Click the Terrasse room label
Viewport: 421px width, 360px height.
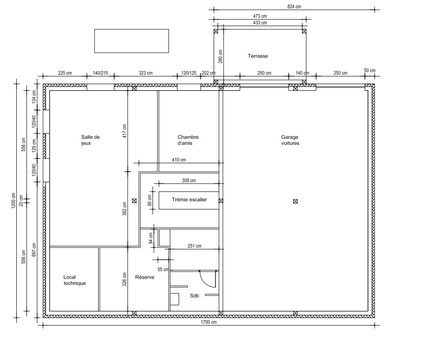(258, 56)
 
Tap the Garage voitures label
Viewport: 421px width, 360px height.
(290, 140)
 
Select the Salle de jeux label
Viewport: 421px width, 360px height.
(91, 140)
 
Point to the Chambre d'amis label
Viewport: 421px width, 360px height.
(188, 140)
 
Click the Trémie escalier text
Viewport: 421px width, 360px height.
(189, 200)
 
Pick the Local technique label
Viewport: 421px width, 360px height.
(75, 280)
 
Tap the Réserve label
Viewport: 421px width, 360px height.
(145, 277)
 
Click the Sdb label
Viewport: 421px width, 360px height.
(195, 296)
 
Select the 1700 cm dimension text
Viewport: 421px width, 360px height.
(209, 322)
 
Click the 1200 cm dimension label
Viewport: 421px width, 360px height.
(13, 201)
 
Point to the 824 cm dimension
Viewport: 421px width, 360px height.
(294, 7)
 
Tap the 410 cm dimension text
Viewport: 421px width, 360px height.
(179, 160)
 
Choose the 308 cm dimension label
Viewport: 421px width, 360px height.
(189, 181)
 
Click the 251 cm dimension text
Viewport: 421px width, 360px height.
(195, 246)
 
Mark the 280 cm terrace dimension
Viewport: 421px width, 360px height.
(221, 56)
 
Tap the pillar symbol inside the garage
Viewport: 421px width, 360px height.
(295, 201)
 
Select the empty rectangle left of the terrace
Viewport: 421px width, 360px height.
(132, 41)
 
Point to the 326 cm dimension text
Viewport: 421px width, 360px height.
(125, 279)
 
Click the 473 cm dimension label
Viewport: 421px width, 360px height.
(260, 16)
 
